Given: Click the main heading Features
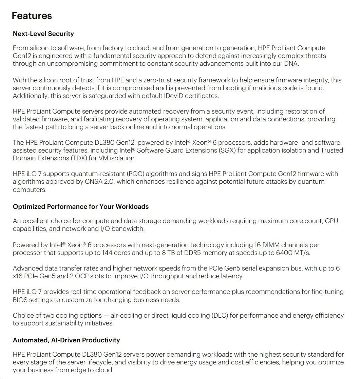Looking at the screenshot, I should tap(32, 16).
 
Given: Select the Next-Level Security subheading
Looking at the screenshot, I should tap(43, 34).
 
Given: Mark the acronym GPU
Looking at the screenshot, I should tap(331, 221).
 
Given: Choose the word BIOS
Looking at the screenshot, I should tap(20, 300).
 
